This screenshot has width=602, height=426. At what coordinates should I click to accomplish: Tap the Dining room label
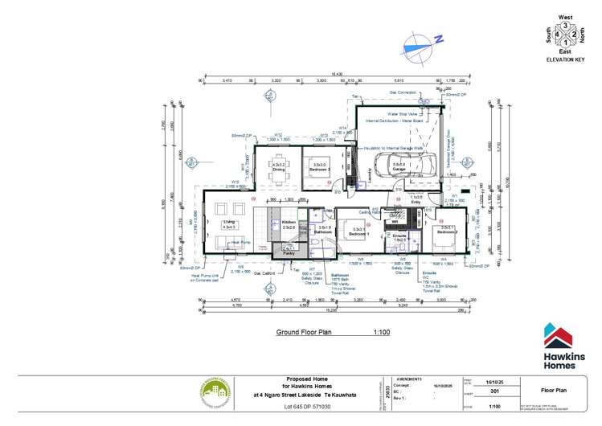279,170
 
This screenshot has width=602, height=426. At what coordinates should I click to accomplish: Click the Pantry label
288,252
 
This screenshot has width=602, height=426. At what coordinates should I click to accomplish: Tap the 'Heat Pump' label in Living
240,240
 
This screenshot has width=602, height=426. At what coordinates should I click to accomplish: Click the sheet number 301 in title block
493,391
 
